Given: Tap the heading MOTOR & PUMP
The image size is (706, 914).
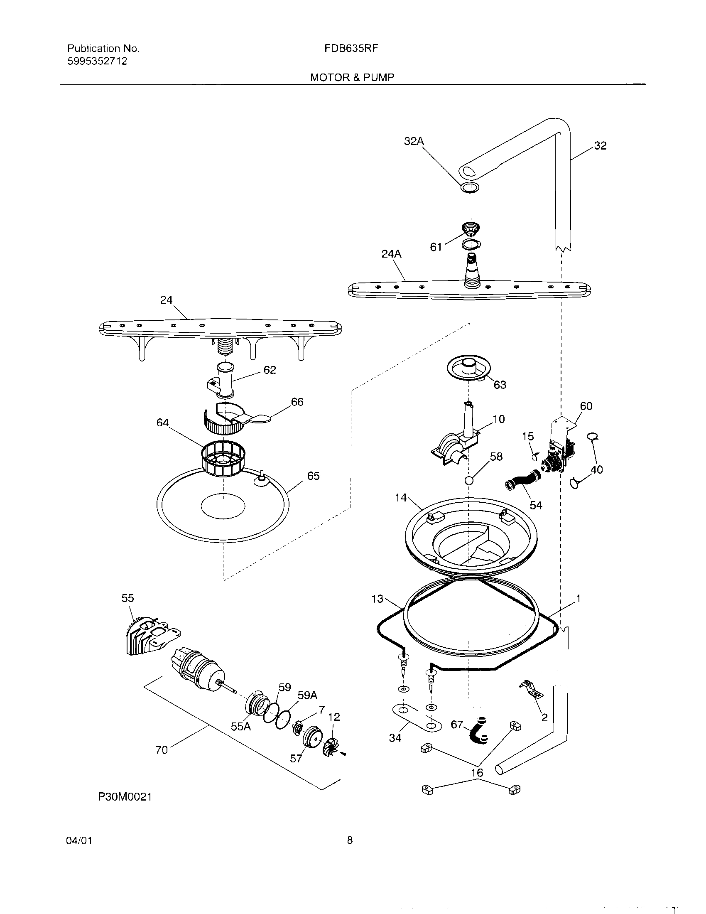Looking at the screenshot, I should tap(352, 77).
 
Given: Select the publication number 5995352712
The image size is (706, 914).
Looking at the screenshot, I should tap(97, 61).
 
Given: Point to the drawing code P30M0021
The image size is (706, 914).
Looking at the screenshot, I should tap(125, 797).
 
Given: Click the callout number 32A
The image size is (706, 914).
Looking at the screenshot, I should tap(413, 141).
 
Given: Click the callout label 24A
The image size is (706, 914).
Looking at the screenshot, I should tap(391, 254).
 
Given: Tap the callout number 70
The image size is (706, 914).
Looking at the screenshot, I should tap(162, 750).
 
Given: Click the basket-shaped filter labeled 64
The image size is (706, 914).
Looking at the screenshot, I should tap(223, 460).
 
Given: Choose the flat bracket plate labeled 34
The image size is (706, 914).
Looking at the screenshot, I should tap(416, 718).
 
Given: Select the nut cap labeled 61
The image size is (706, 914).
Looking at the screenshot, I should tap(471, 228).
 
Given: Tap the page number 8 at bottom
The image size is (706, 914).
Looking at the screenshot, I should tap(350, 840).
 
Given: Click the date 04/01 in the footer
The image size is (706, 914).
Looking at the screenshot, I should tap(79, 840).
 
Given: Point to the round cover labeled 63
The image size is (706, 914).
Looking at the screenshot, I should tap(468, 368).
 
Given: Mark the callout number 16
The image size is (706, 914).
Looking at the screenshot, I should tap(476, 773).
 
